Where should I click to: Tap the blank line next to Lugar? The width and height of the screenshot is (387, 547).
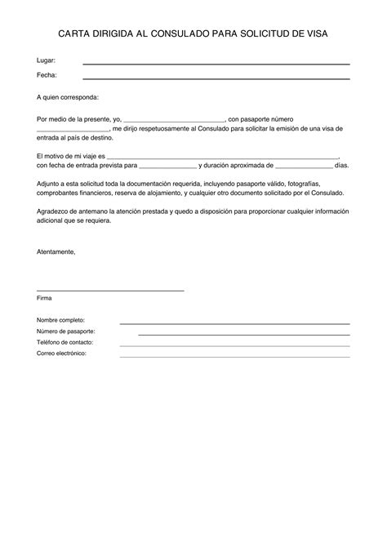(216, 64)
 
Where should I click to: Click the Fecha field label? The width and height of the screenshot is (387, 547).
(47, 76)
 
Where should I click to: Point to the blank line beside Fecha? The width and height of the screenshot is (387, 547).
(216, 78)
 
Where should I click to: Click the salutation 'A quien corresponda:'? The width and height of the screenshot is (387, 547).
(68, 97)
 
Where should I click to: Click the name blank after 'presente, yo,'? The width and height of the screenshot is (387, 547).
(174, 120)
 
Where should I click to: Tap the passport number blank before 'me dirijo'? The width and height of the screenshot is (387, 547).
(73, 130)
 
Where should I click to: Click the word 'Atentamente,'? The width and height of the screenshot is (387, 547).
(56, 251)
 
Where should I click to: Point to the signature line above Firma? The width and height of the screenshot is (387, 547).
(110, 291)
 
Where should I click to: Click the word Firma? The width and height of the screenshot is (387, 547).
(44, 299)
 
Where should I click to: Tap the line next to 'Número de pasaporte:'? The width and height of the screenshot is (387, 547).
(243, 334)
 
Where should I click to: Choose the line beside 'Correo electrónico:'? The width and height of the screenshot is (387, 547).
(235, 356)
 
